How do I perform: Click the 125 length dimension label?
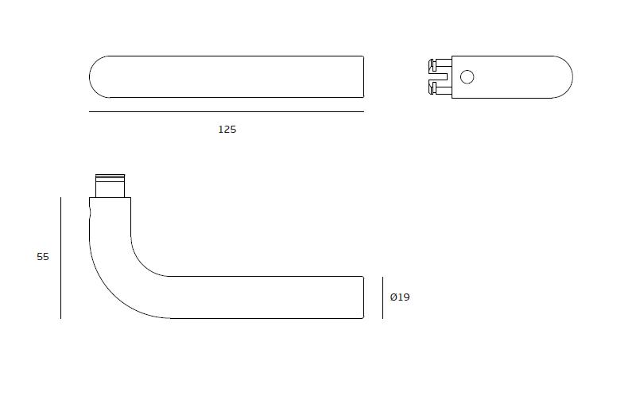click(227, 129)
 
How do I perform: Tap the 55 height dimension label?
click(43, 257)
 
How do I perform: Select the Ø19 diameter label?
click(400, 297)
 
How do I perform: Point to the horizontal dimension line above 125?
click(227, 112)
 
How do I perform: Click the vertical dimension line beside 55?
click(61, 258)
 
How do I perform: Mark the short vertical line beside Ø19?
click(382, 297)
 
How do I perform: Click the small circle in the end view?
click(467, 76)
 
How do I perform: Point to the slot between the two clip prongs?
click(442, 77)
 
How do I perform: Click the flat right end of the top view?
click(363, 77)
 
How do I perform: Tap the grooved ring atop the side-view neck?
click(110, 177)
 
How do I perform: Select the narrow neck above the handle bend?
click(110, 189)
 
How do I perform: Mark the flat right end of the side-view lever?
click(363, 297)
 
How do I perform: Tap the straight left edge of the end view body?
click(452, 77)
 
